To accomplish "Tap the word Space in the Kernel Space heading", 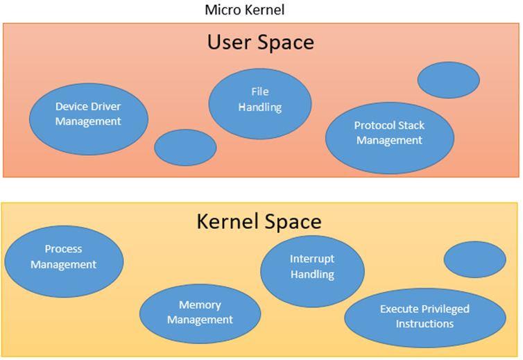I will (x=293, y=221).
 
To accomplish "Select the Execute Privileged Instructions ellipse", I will (x=425, y=318).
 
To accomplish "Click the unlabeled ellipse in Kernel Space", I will (x=474, y=259).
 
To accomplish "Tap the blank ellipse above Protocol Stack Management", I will (x=448, y=80).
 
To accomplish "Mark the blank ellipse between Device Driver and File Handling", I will (x=185, y=147).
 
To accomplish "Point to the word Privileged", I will (x=442, y=309).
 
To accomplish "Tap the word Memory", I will (x=200, y=305).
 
